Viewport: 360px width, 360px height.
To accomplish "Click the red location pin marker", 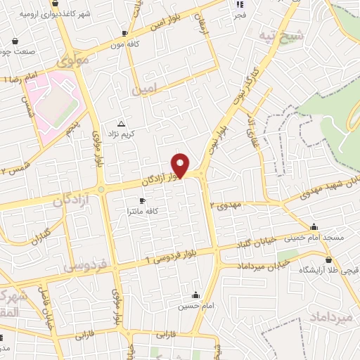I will [181, 165].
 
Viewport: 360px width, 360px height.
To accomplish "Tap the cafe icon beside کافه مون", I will [124, 33].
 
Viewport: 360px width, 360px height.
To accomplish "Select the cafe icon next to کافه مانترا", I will [142, 200].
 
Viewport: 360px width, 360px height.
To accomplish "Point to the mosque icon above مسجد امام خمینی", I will [314, 226].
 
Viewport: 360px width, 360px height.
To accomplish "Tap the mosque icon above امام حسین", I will [195, 295].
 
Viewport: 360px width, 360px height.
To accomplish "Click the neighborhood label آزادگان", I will [72, 200].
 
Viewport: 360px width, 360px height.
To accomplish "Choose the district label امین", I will [146, 90].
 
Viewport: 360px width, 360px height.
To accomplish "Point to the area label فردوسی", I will [84, 266].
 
